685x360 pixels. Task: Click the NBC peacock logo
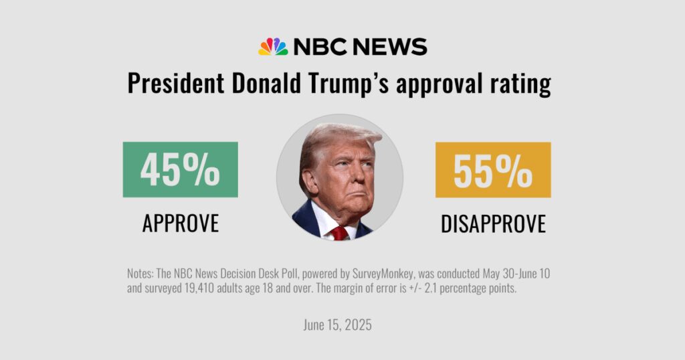coord(273,47)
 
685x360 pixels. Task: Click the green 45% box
coord(180,169)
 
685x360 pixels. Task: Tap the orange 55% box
coord(493,170)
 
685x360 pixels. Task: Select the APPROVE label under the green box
coord(180,223)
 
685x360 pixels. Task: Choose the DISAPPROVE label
coord(493,223)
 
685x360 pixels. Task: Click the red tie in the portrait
coord(339,233)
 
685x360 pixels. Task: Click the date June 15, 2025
coord(336,325)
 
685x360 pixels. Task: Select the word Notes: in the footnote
coord(141,274)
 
